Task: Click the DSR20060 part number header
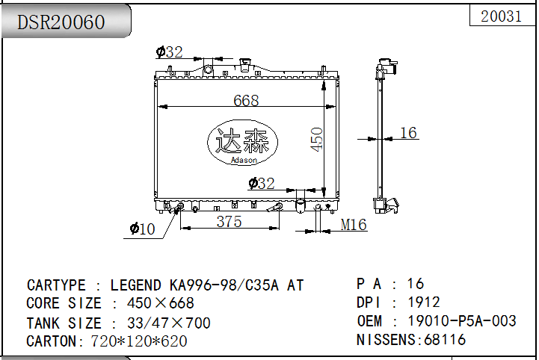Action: [x=61, y=22]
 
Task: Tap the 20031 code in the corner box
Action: [x=501, y=16]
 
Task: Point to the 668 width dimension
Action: [x=246, y=100]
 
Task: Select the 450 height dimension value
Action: [x=316, y=139]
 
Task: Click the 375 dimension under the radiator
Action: [x=229, y=222]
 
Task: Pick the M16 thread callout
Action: [x=354, y=225]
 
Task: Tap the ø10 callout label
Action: [x=142, y=229]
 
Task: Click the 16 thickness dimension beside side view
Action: [x=408, y=133]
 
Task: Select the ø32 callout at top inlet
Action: [x=169, y=52]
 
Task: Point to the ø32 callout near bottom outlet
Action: [x=262, y=184]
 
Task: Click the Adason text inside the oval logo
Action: [x=244, y=160]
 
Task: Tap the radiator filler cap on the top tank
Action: [x=244, y=65]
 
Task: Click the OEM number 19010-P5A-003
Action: [x=462, y=321]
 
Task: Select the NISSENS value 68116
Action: [x=445, y=340]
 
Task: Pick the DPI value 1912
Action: [x=423, y=302]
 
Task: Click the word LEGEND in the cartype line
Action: [x=135, y=285]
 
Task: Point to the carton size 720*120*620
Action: [x=139, y=341]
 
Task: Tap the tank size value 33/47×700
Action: [x=168, y=323]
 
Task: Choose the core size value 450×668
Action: [x=160, y=303]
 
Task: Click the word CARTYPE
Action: [x=56, y=285]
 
